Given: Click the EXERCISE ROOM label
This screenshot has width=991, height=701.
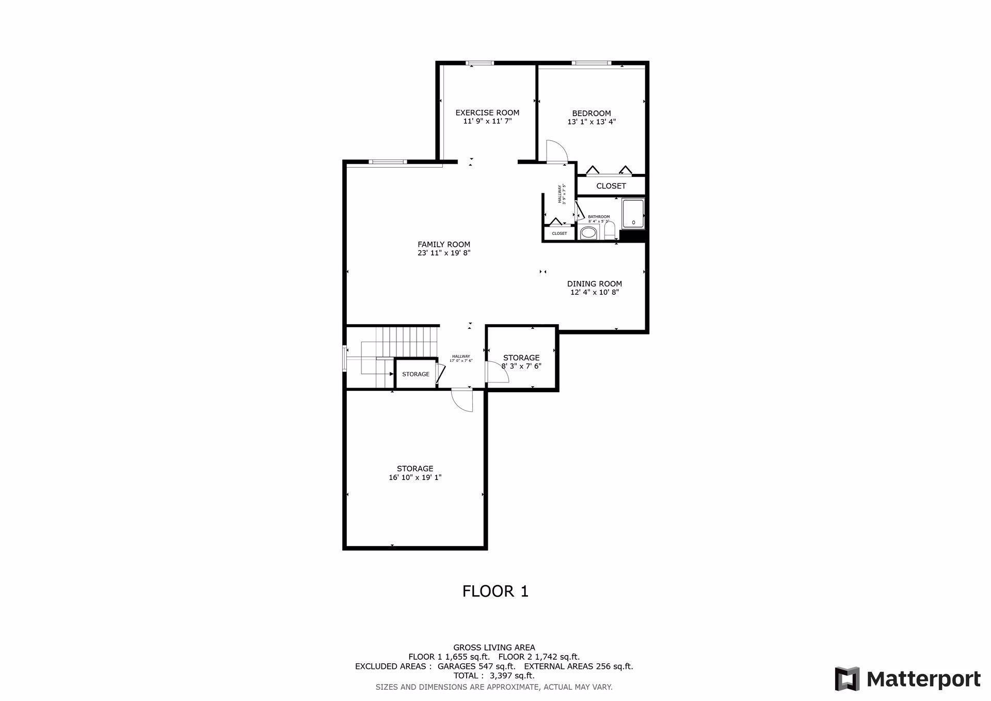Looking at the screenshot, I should coord(487,113).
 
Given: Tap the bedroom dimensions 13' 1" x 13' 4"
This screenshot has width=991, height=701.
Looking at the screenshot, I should coord(592,122).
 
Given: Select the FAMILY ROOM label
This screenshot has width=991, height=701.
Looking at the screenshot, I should coord(444,244).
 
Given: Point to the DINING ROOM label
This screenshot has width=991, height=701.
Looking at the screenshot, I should coord(594,283).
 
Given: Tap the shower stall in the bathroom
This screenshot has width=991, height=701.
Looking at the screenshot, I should coord(633,213).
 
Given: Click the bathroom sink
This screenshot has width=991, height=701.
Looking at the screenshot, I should coord(587,233).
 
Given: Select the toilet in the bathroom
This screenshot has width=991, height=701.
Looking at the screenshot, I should coord(609,231).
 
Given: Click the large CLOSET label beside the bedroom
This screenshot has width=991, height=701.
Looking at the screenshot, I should coord(611,186).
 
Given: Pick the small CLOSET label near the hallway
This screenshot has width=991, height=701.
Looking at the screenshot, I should coord(560,233).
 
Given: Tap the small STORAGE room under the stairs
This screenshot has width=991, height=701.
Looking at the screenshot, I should coord(415,374).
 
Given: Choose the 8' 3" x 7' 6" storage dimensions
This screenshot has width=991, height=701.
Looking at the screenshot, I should coord(521,366).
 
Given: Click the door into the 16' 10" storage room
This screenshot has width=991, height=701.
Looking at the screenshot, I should coord(462,401).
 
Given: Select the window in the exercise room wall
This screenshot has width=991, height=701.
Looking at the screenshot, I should coord(479,63).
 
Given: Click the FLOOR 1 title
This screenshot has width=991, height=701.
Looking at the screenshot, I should coord(495,591).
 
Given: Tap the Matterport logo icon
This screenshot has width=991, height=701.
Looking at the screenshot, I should coord(847,679).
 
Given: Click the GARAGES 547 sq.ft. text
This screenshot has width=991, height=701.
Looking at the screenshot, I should coord(476,666).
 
